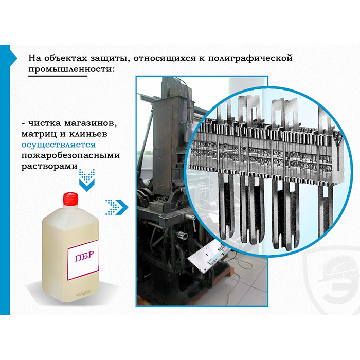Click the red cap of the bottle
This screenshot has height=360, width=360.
coord(71,199)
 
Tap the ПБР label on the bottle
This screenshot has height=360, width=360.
coord(83,260)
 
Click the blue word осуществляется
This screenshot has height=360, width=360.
coord(59,145)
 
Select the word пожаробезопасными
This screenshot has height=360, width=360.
coord(71,156)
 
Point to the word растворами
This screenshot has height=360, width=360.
coord(49,167)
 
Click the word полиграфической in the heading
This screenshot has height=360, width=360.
coord(250,58)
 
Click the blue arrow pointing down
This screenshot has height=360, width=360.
coord(87,180)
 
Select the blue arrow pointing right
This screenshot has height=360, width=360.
coord(117,207)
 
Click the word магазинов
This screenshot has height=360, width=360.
coord(91,123)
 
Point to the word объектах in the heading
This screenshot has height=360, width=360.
coord(66,58)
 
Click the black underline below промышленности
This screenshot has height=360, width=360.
coord(58,76)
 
